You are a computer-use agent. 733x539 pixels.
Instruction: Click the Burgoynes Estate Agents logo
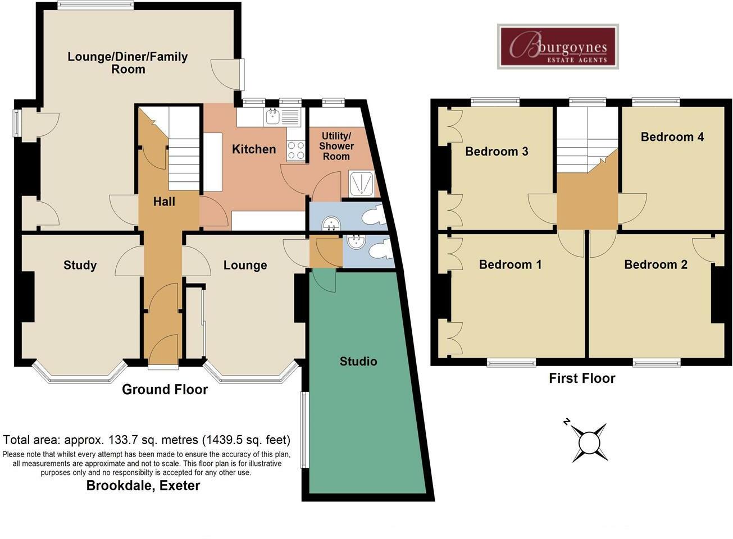click(558, 47)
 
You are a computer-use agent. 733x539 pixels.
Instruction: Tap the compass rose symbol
click(589, 443)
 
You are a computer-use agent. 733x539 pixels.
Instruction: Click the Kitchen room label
click(254, 149)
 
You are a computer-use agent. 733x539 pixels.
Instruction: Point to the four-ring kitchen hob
click(296, 150)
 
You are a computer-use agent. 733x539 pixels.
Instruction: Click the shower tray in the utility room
click(361, 184)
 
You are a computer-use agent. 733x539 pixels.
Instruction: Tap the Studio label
click(358, 362)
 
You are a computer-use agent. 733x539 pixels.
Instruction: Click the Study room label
click(80, 265)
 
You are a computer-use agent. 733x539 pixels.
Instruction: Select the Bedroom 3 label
click(497, 152)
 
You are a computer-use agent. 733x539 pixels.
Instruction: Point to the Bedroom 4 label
click(672, 136)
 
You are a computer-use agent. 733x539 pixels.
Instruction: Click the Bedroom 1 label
click(510, 264)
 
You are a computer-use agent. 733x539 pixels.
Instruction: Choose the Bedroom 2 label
click(656, 264)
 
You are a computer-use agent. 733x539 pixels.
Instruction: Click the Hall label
click(164, 202)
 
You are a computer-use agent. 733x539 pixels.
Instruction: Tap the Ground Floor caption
click(165, 390)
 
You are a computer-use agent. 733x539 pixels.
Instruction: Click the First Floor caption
click(582, 378)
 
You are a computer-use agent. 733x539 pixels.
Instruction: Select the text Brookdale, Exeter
click(143, 486)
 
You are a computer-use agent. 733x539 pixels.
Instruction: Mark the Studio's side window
click(304, 430)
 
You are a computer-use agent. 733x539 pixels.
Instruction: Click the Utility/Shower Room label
click(336, 146)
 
